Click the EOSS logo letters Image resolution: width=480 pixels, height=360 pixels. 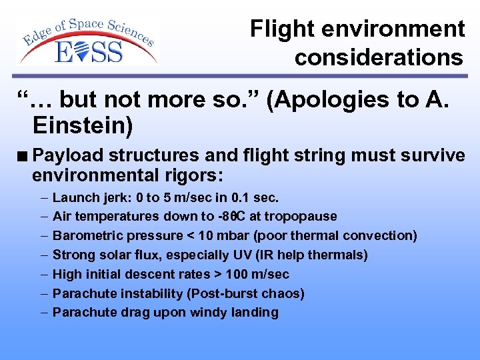point(89,51)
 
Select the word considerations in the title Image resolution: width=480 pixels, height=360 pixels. point(379,57)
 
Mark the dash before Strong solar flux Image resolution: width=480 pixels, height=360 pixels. point(43,255)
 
